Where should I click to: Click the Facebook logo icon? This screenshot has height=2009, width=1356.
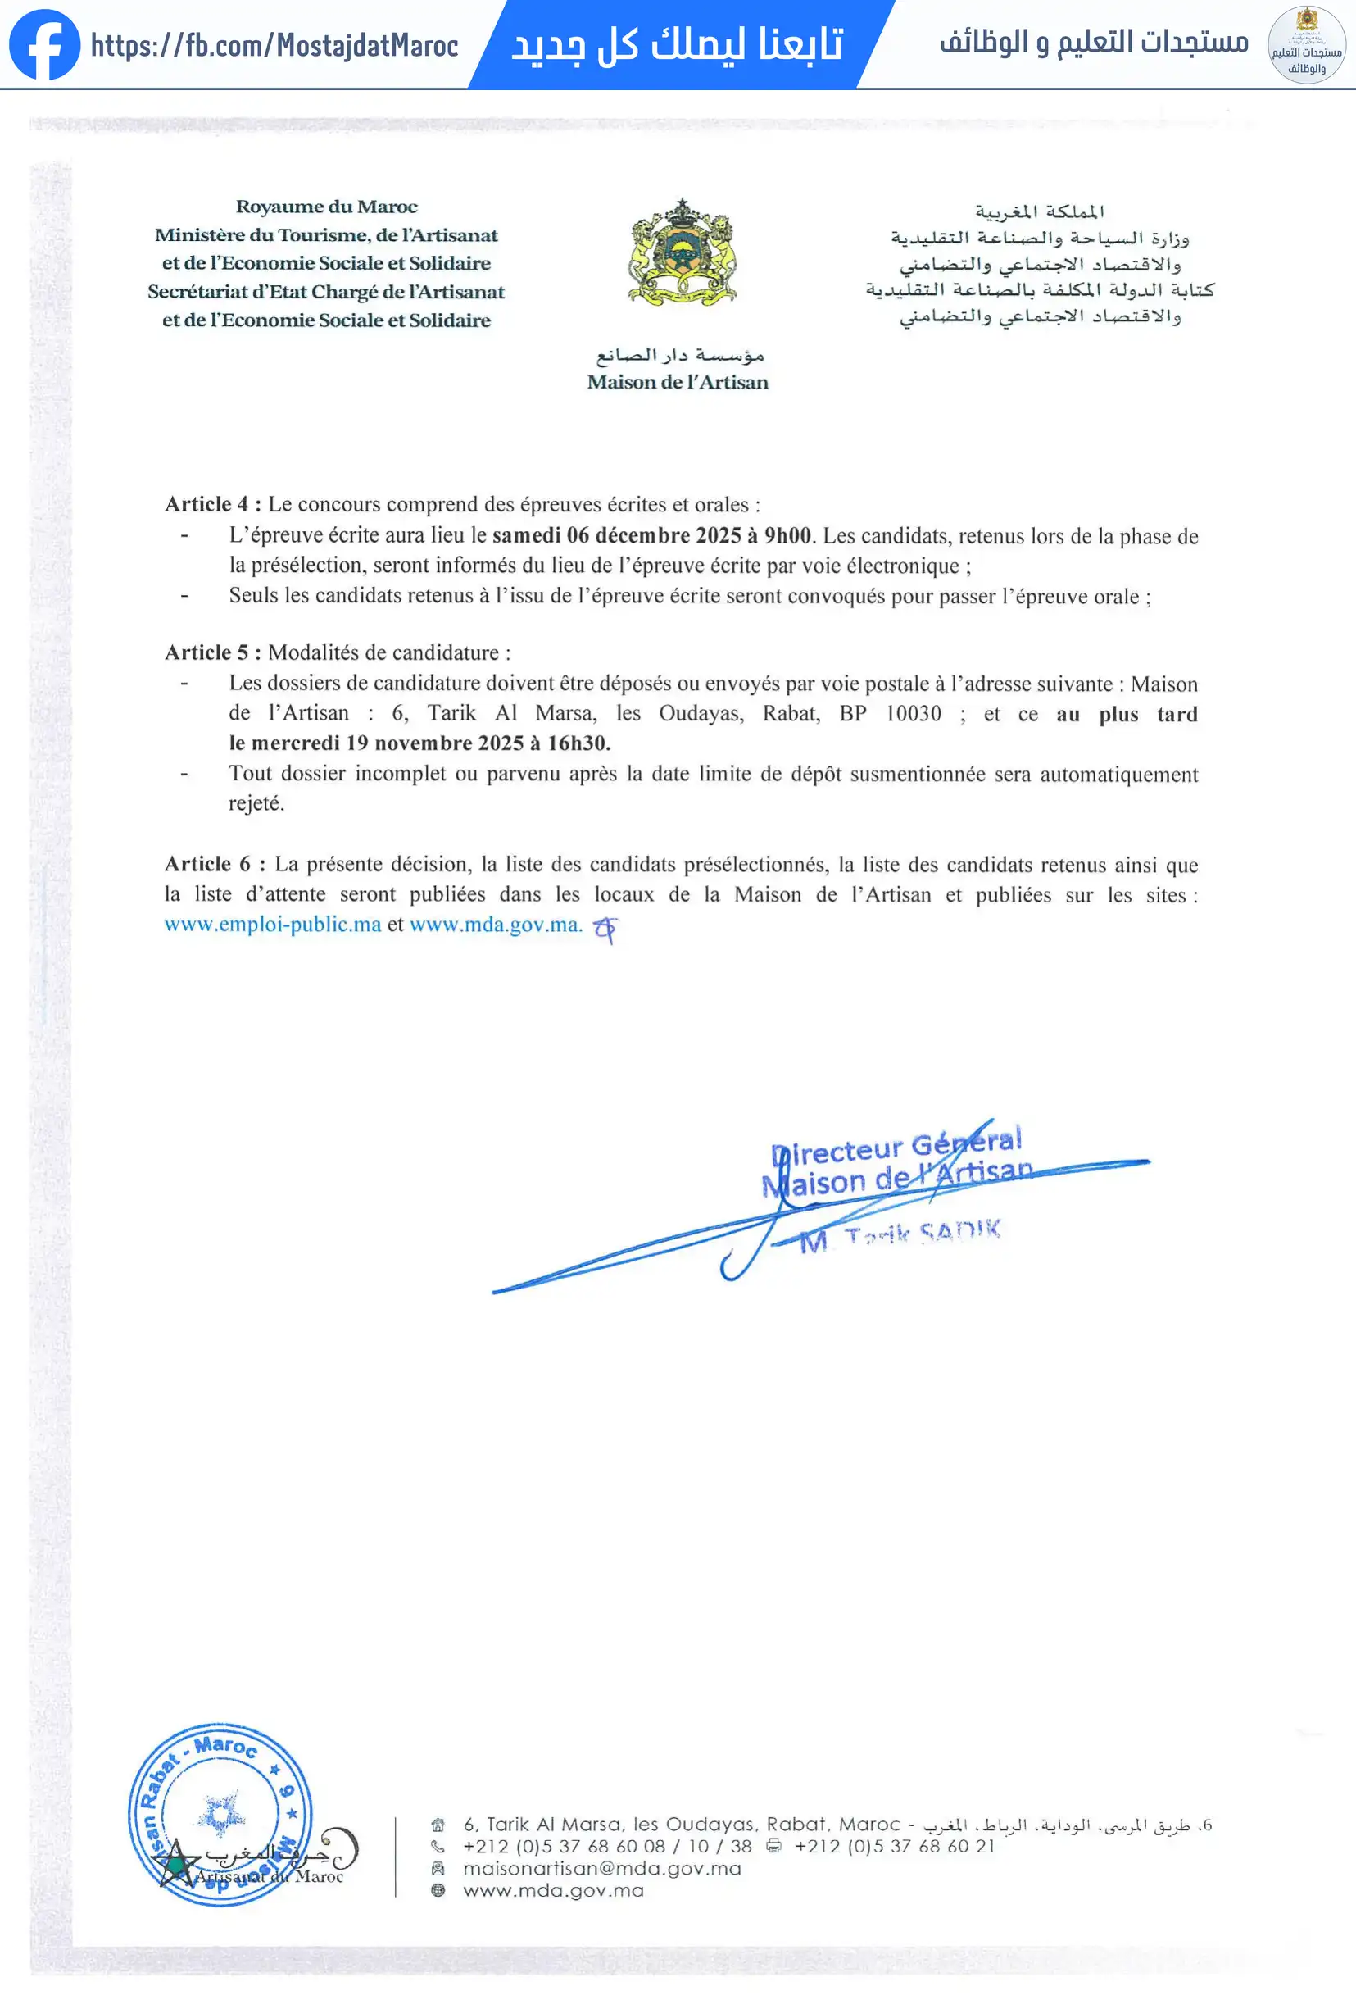click(x=44, y=45)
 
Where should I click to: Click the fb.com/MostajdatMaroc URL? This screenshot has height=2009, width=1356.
click(x=274, y=46)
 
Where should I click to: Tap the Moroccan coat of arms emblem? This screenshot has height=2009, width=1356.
click(x=682, y=252)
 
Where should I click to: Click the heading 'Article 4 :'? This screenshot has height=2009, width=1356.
click(x=212, y=504)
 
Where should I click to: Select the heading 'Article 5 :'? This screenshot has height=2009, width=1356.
click(x=212, y=652)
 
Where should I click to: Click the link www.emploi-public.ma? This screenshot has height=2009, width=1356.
click(x=272, y=925)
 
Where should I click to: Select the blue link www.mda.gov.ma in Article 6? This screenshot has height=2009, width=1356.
click(x=495, y=925)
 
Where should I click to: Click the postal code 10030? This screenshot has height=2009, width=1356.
click(x=914, y=714)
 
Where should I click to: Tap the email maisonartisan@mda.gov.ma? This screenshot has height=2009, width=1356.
click(x=601, y=1869)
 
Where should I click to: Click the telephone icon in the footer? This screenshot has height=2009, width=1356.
click(x=438, y=1847)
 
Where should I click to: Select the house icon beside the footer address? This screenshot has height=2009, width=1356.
click(x=438, y=1825)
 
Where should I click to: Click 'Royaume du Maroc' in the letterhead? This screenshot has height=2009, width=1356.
click(x=327, y=207)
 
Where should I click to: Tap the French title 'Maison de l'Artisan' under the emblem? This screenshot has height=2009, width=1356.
click(x=678, y=382)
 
